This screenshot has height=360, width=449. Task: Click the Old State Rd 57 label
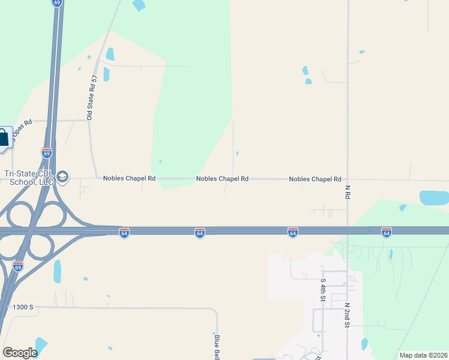pos(92,98)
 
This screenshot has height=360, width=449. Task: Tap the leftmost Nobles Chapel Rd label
pos(129,178)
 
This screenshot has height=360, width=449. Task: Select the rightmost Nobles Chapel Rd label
pos(315,179)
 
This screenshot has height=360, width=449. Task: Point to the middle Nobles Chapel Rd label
pos(223,179)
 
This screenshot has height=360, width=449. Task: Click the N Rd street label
pos(348,192)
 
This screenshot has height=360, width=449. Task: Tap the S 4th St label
pos(323,289)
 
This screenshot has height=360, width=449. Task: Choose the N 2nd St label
pos(347,315)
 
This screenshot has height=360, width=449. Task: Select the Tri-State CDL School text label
pos(29,178)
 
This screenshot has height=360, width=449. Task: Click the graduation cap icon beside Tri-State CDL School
pos(63,176)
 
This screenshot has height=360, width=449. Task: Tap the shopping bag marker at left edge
pos(4,139)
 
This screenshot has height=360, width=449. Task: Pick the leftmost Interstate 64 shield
pos(124,232)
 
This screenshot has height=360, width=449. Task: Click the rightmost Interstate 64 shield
pos(387,232)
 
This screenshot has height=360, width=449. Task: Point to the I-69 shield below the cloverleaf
pos(18,265)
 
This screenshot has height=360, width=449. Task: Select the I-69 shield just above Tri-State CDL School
pos(47,153)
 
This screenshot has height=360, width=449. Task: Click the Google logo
pos(20,352)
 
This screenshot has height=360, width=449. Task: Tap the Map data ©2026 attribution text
pos(423,355)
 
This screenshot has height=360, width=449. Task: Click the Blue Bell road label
pos(217,347)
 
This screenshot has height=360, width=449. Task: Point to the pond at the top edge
pos(139,5)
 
